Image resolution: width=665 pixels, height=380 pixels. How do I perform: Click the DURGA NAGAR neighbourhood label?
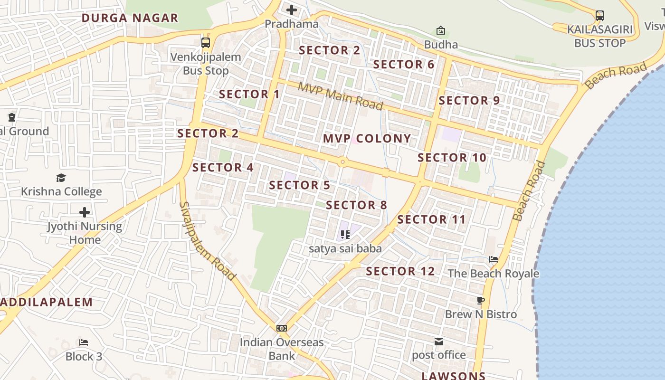(130, 18)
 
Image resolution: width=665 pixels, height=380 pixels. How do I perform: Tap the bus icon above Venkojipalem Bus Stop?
(206, 43)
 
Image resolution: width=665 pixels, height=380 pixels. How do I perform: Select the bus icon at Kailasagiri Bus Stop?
(600, 15)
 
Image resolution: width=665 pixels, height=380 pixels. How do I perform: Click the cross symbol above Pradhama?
(292, 9)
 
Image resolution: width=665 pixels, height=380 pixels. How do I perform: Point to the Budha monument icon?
(441, 31)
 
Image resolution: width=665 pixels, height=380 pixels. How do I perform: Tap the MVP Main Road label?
(341, 96)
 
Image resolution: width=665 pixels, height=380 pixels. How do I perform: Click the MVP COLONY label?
(367, 138)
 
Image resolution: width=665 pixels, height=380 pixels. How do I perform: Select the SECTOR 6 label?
(404, 65)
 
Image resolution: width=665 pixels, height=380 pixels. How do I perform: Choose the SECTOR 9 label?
(469, 100)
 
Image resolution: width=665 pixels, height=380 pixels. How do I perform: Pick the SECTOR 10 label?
(452, 158)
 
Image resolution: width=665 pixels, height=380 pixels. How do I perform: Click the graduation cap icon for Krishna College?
(61, 178)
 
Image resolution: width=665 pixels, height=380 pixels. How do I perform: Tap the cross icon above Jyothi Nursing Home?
(85, 212)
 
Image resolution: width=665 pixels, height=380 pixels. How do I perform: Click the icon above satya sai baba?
(345, 234)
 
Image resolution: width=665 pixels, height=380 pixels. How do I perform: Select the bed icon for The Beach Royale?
(494, 259)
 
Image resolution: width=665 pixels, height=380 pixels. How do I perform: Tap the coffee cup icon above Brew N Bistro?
(481, 300)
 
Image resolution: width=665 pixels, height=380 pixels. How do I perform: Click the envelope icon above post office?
(439, 341)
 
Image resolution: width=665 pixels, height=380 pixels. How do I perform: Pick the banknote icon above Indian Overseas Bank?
(282, 328)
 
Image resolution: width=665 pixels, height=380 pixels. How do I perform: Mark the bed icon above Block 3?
(84, 342)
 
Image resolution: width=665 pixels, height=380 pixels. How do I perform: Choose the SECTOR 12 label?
(400, 271)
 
